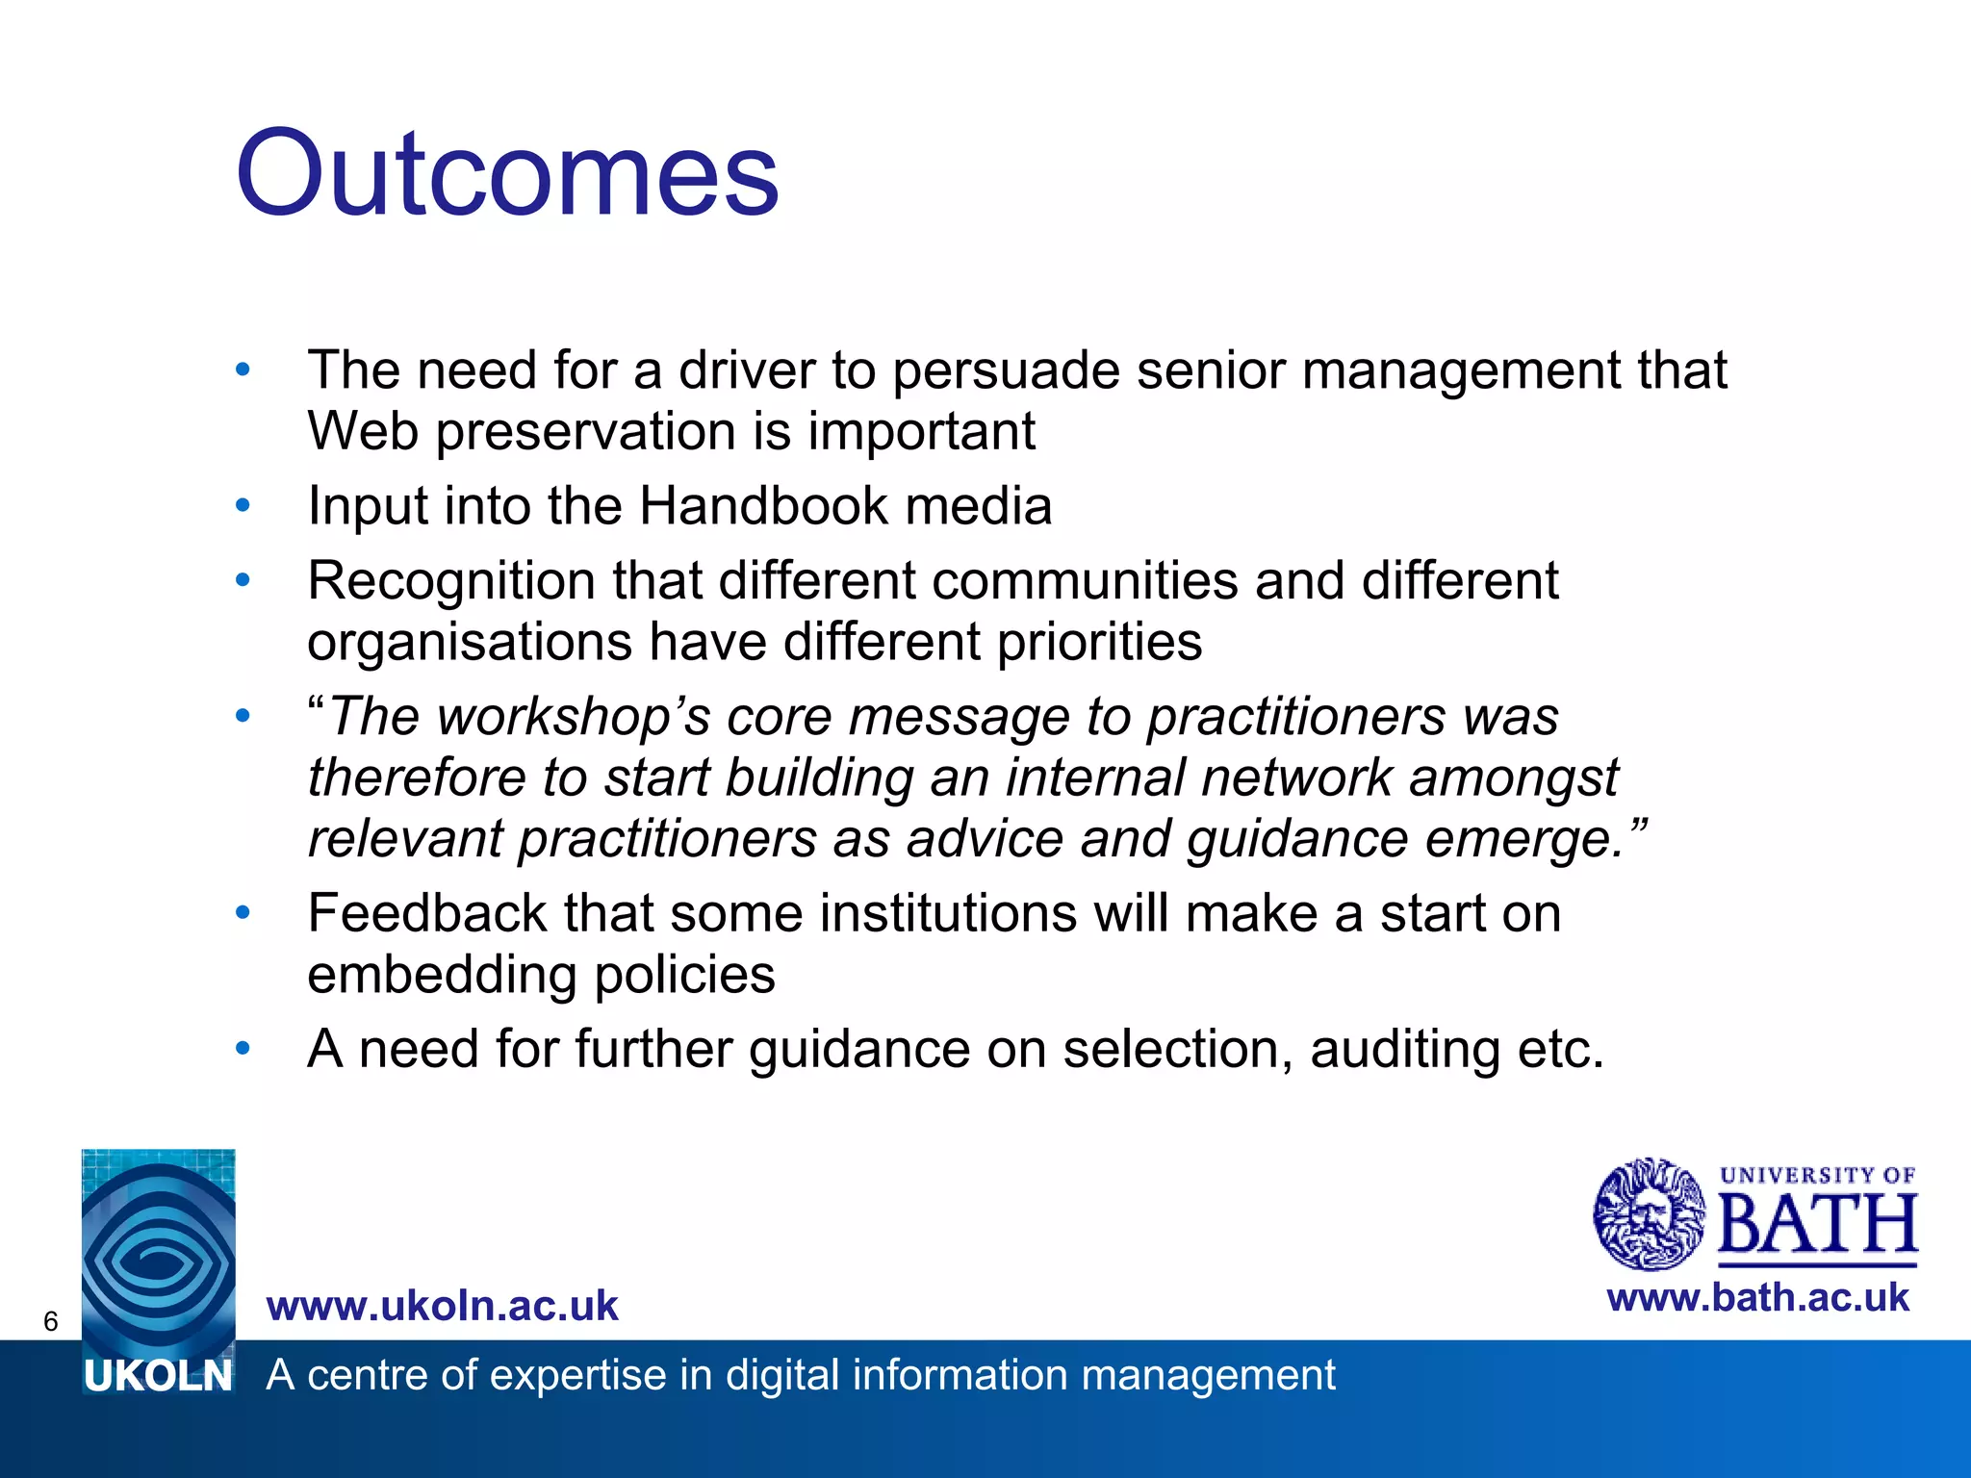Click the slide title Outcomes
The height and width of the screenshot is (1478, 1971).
(507, 174)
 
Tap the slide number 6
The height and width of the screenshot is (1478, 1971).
(51, 1321)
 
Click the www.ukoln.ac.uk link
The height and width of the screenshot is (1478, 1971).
(442, 1306)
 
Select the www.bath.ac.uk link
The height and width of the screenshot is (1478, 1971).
(1757, 1298)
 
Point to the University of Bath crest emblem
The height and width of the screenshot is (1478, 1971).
(1649, 1213)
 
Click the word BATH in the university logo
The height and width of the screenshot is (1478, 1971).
(1817, 1225)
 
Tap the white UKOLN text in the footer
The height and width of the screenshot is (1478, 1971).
(158, 1377)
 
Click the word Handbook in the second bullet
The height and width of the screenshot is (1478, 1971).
(763, 505)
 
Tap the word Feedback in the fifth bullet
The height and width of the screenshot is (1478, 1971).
(426, 913)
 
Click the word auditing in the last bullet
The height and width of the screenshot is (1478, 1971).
(1404, 1049)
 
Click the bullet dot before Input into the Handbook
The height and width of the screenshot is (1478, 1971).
(243, 505)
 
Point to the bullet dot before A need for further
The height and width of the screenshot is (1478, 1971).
(243, 1048)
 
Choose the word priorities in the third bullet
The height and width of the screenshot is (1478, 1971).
(1099, 642)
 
